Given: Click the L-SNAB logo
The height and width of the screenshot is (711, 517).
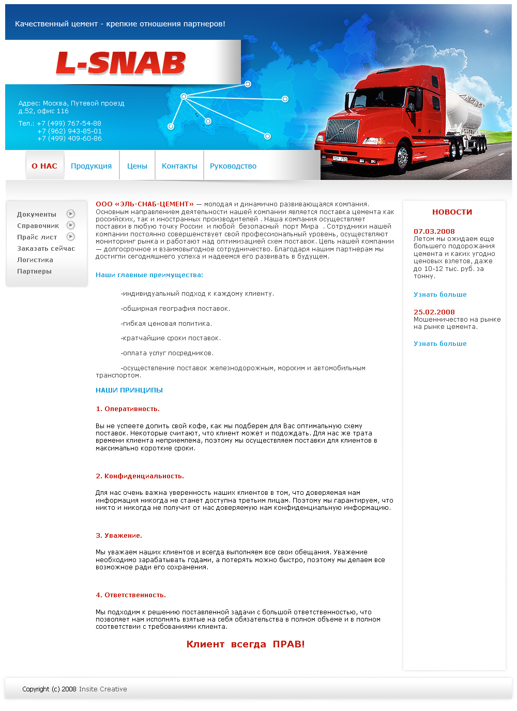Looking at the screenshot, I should point(120,64).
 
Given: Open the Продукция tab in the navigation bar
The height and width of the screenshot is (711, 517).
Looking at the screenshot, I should point(91,166).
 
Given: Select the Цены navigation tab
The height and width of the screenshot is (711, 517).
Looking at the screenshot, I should point(137,166).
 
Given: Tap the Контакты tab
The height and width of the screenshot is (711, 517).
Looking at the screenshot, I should point(179,166).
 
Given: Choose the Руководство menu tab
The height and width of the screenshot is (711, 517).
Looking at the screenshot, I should point(233,166).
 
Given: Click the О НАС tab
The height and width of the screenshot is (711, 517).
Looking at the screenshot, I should point(44,166).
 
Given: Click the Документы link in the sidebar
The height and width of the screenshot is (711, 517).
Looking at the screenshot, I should point(36,215).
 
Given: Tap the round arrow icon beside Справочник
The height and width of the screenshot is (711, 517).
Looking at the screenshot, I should point(71,225).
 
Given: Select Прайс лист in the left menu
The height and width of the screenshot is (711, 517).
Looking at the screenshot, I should point(37,237).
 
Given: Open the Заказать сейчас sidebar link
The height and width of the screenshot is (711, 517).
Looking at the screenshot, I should point(46,249).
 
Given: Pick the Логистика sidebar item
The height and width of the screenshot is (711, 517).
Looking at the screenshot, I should point(35,260).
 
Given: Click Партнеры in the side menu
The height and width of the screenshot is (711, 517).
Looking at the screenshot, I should point(34,271).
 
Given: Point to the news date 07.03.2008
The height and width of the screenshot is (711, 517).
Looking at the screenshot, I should point(434,231).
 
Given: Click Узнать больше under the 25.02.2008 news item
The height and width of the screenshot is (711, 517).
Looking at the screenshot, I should point(440,344).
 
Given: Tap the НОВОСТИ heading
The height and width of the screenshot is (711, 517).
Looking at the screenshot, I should point(452,212).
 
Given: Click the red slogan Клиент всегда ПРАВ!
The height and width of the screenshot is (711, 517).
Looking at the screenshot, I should point(246,644).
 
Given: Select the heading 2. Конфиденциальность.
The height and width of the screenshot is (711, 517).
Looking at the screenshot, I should point(140,476).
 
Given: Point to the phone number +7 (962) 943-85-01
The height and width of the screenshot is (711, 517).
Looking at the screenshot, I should point(69,131).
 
